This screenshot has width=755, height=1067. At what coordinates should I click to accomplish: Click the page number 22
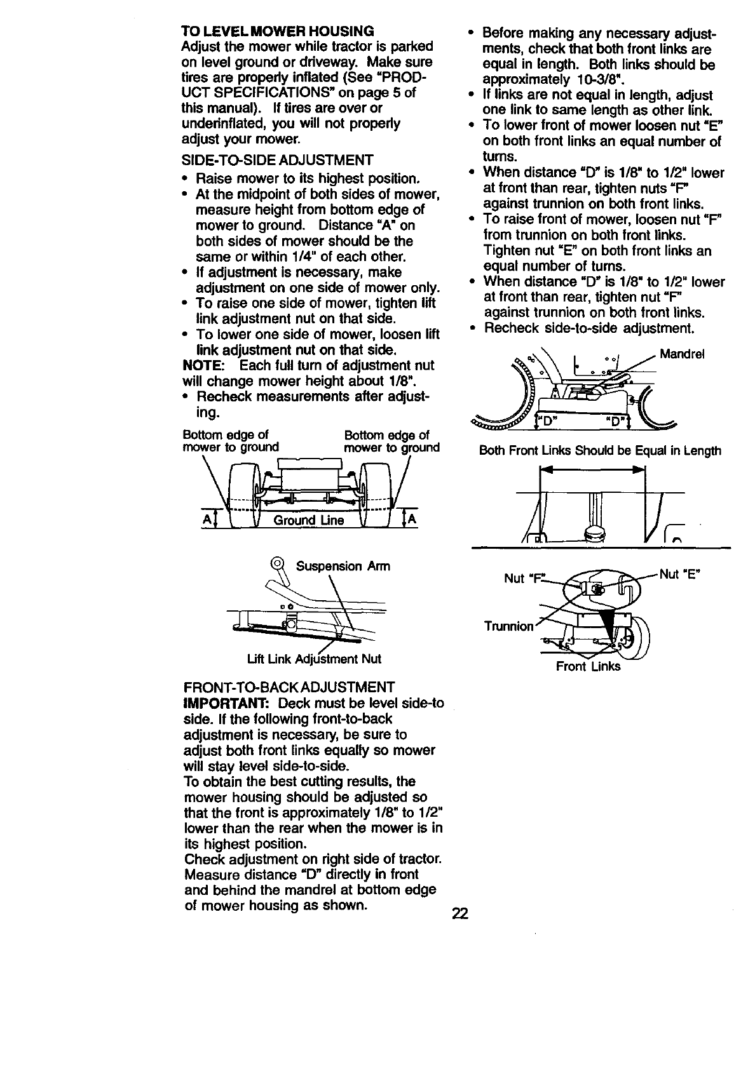pos(459,914)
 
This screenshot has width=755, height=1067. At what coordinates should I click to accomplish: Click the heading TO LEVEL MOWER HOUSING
pos(278,31)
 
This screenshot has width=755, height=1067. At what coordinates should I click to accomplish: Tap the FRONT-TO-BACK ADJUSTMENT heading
pos(289,688)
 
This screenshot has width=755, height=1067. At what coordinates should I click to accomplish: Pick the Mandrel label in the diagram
pos(682,354)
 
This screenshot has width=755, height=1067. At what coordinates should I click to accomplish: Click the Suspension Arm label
pos(343,566)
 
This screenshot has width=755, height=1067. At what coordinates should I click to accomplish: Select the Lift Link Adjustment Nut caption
pos(314,659)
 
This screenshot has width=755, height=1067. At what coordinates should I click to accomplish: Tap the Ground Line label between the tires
pos(309,521)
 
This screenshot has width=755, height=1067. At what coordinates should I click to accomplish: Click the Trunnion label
pos(508,626)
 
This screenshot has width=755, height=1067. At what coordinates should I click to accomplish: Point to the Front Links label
pos(588,666)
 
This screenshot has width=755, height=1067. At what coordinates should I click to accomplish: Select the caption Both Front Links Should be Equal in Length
pos(599,451)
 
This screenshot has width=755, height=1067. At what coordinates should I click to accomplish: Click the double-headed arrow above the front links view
pos(592,470)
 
